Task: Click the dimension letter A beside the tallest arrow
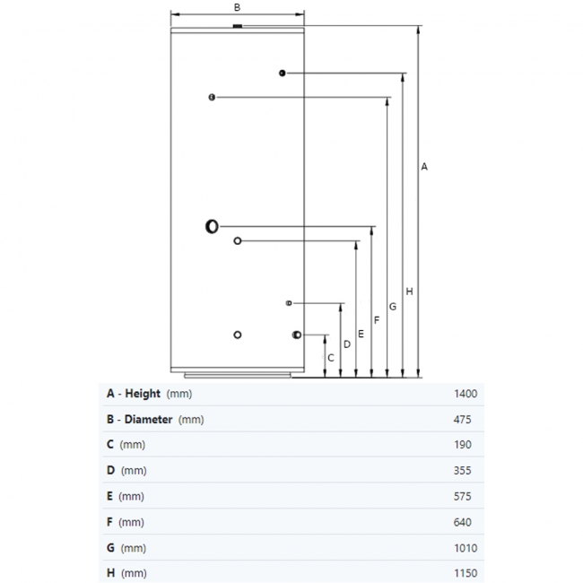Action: click(424, 167)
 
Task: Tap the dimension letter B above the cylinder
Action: click(237, 7)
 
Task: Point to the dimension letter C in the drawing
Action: click(331, 358)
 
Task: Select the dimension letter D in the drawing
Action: click(347, 344)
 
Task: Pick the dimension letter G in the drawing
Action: click(393, 307)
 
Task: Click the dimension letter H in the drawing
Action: click(409, 291)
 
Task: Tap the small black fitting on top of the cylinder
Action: click(237, 26)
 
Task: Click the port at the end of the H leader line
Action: click(283, 74)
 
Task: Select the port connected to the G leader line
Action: click(212, 98)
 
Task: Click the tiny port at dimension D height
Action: click(289, 303)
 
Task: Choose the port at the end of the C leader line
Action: click(297, 335)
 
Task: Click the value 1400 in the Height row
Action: click(466, 394)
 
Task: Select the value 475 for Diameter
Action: click(462, 420)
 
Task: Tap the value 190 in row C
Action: click(463, 445)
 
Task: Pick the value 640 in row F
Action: click(463, 522)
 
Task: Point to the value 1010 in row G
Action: click(466, 548)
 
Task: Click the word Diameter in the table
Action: click(148, 420)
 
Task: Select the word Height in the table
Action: click(143, 394)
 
